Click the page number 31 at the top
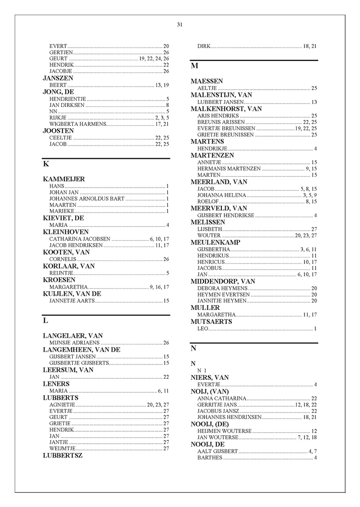180,25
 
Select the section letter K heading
46,164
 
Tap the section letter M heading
195,66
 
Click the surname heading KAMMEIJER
64,179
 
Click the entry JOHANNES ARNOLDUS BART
87,199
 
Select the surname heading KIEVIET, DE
63,218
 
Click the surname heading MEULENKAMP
215,243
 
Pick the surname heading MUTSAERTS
212,321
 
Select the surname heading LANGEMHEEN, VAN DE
82,350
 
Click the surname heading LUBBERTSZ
63,456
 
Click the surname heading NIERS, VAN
210,378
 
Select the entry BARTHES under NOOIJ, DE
209,457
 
